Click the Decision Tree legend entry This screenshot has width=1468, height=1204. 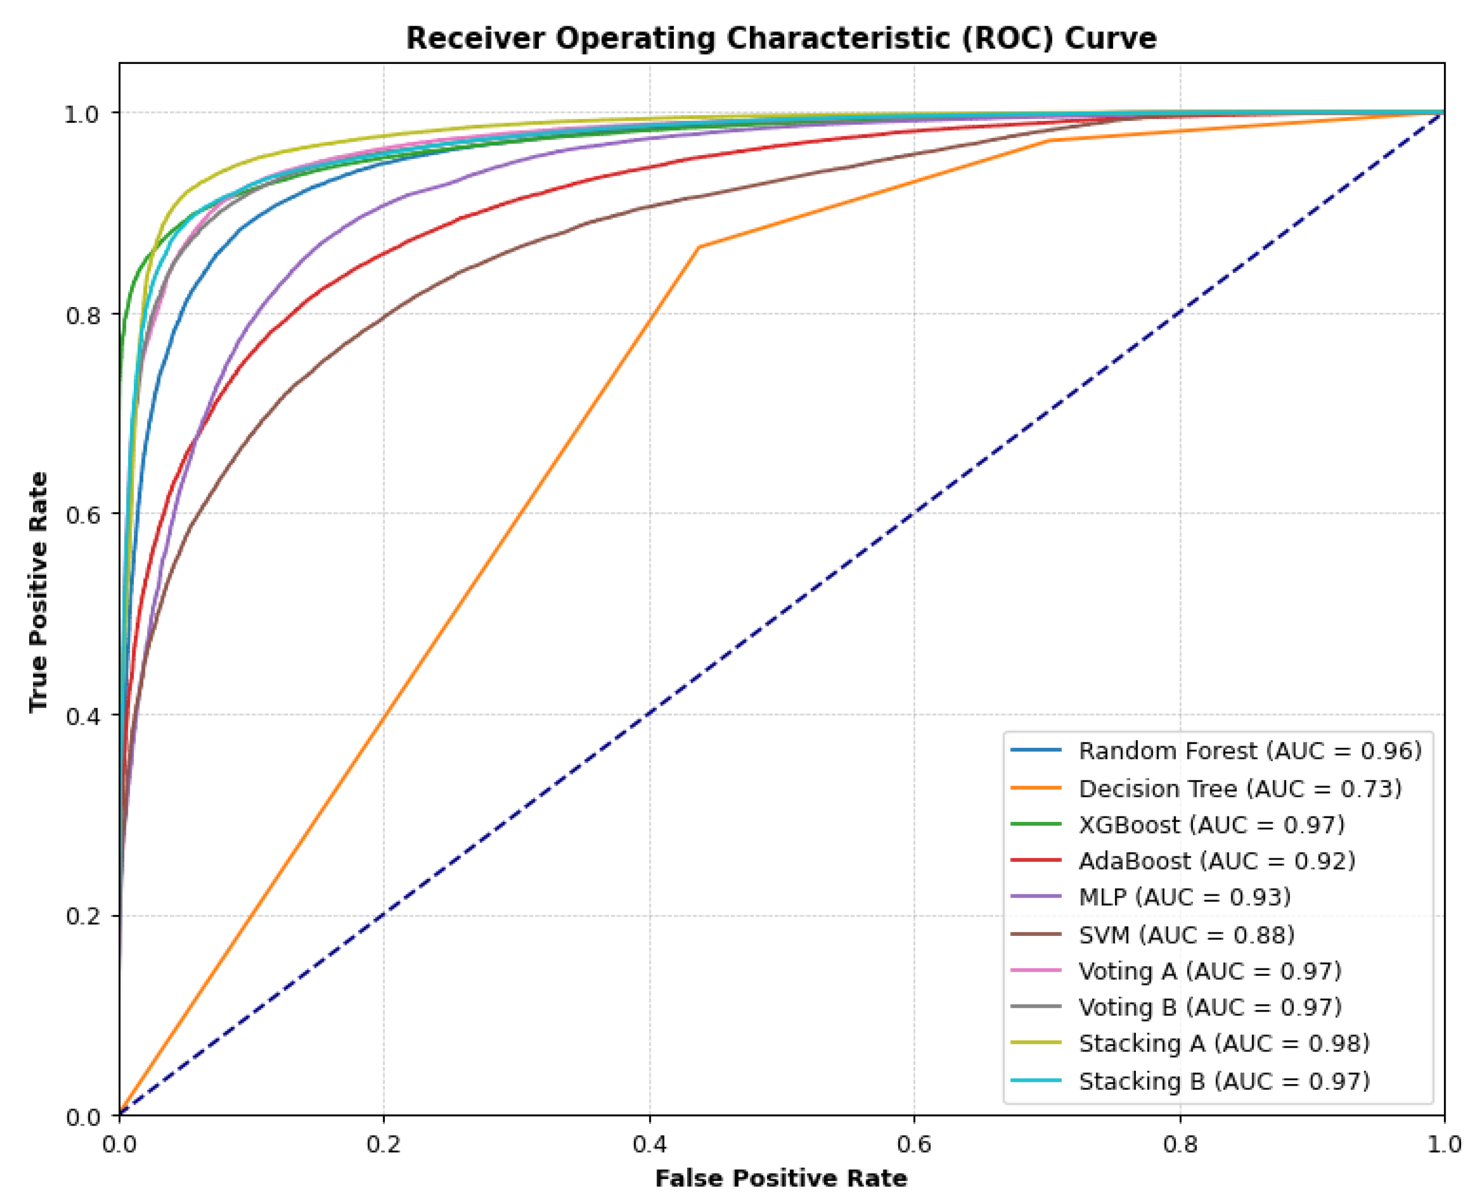1240,789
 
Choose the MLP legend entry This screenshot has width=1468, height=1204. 1184,897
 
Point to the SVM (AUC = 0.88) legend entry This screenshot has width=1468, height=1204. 1187,935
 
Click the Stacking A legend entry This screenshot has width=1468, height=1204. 1224,1043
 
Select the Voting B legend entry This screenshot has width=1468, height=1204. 1210,1007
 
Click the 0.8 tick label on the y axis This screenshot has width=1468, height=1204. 83,316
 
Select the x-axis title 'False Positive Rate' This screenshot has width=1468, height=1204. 781,1178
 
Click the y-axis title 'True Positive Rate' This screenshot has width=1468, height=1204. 39,592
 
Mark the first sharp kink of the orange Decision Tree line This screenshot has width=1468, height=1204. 698,247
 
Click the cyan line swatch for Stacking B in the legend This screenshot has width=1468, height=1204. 1035,1080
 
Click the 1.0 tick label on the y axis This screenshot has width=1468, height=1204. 83,115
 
